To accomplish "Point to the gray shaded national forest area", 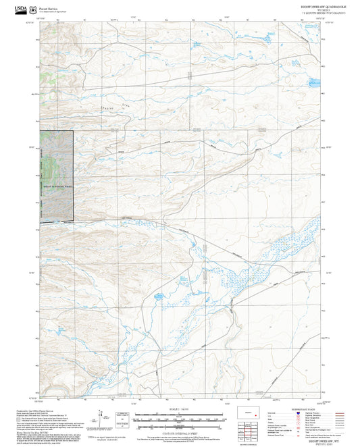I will click(x=57, y=176).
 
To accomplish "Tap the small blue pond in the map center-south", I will click(x=157, y=296).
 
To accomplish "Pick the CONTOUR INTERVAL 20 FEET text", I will click(x=180, y=433).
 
